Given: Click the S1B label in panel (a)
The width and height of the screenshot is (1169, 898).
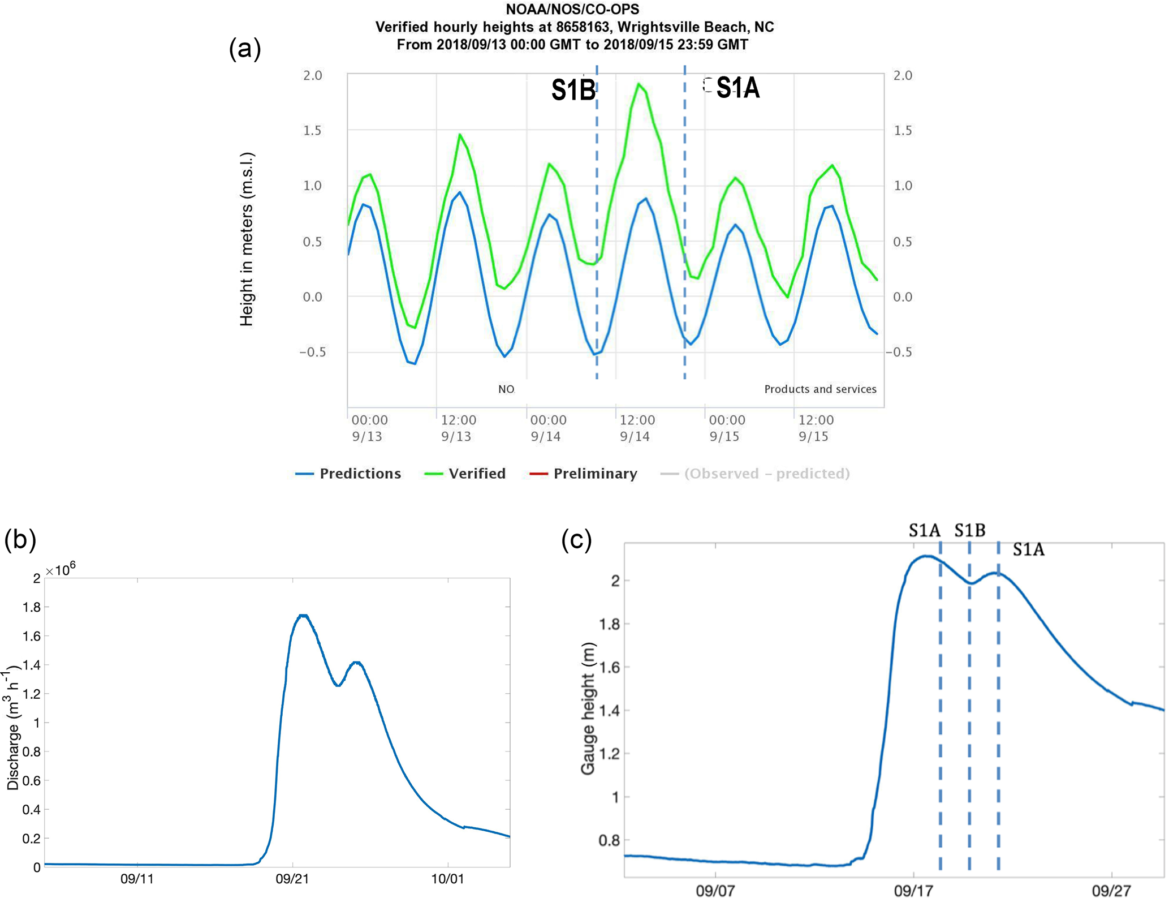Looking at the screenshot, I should pyautogui.click(x=573, y=91).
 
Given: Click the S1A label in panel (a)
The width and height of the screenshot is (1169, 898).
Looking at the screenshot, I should pyautogui.click(x=737, y=88).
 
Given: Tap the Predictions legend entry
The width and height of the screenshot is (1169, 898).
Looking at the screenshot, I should pyautogui.click(x=348, y=474).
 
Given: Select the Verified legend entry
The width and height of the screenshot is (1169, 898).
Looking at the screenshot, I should pyautogui.click(x=465, y=474).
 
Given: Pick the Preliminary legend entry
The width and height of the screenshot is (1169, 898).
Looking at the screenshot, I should pyautogui.click(x=583, y=474).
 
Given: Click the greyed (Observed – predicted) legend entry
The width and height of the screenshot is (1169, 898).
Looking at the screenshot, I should pyautogui.click(x=756, y=474).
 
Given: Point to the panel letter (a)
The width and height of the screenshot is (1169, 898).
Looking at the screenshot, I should pyautogui.click(x=245, y=49).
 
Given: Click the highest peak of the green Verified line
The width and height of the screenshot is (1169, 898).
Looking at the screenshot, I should pyautogui.click(x=639, y=84).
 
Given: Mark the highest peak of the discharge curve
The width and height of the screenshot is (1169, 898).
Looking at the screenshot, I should pyautogui.click(x=303, y=615).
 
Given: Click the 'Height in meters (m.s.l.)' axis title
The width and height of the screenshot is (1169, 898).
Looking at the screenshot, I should pyautogui.click(x=247, y=239).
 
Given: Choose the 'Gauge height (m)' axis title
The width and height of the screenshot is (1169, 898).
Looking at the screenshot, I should pyautogui.click(x=588, y=708).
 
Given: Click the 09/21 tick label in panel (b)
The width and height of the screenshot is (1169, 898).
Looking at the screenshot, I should pyautogui.click(x=292, y=879).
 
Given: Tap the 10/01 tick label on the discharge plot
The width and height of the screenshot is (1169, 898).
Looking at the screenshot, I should pyautogui.click(x=447, y=879).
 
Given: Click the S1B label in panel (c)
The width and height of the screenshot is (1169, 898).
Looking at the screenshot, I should pyautogui.click(x=969, y=530).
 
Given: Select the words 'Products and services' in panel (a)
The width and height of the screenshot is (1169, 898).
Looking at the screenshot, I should pyautogui.click(x=820, y=389).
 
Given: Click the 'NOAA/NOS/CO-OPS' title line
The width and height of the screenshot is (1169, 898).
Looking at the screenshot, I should pyautogui.click(x=572, y=9).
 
